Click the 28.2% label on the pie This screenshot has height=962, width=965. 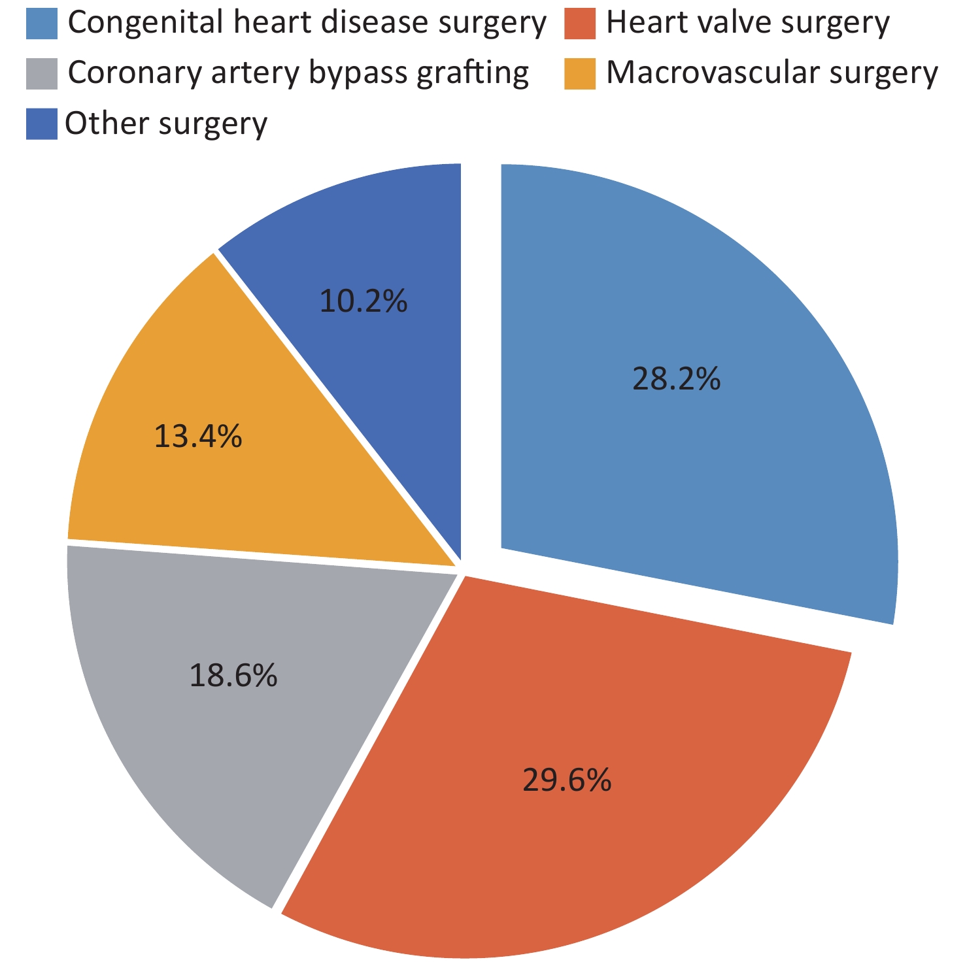point(676,379)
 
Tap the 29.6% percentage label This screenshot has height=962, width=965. point(567,780)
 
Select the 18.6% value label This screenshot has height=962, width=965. point(233,675)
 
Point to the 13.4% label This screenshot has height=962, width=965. point(197,437)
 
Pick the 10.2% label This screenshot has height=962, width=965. point(364,301)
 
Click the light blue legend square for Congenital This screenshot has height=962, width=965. point(42,24)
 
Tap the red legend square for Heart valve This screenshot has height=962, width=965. point(580,24)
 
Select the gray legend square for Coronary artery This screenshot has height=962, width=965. point(42,73)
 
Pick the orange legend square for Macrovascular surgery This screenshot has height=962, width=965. point(580,73)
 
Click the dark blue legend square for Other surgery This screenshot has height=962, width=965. point(42,124)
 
